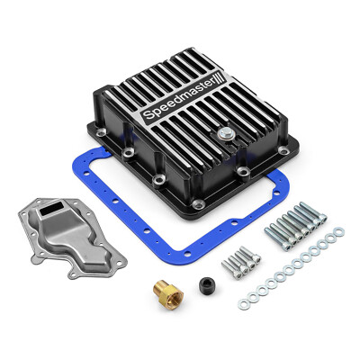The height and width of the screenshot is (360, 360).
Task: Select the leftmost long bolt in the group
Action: pos(271,233)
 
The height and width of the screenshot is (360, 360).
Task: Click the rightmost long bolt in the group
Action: pos(315,212)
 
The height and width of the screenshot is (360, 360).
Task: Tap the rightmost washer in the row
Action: pos(337,232)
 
